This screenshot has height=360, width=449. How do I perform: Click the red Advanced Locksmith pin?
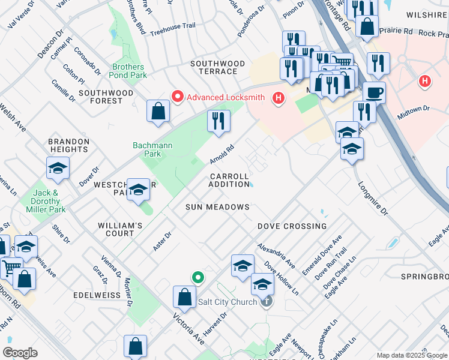[177, 96]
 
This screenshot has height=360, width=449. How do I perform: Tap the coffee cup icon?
[374, 92]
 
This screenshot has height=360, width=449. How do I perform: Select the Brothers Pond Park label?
[127, 71]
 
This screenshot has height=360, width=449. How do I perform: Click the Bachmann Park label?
[147, 149]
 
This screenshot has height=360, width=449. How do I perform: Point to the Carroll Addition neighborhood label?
[229, 180]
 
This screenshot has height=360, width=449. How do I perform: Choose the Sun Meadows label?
[217, 207]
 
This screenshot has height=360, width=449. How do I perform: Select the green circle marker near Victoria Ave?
[197, 277]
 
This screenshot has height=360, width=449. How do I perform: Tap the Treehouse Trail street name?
[173, 34]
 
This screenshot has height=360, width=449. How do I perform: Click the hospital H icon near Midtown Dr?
[425, 81]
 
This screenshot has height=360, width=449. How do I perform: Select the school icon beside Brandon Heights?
[58, 168]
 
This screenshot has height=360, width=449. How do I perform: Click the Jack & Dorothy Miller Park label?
[46, 202]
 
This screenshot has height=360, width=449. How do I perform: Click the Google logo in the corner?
[20, 353]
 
